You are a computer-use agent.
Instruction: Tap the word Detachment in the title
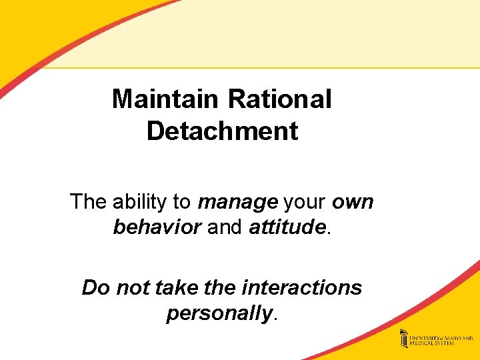(x=222, y=131)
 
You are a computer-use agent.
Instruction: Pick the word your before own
(x=305, y=201)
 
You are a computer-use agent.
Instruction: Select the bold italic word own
(x=353, y=201)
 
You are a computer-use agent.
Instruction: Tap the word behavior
(x=157, y=227)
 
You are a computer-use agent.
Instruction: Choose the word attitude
(x=287, y=227)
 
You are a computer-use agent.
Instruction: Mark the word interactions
(x=303, y=287)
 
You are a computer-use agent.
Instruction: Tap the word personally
(x=219, y=313)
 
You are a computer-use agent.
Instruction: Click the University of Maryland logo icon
(x=404, y=338)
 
